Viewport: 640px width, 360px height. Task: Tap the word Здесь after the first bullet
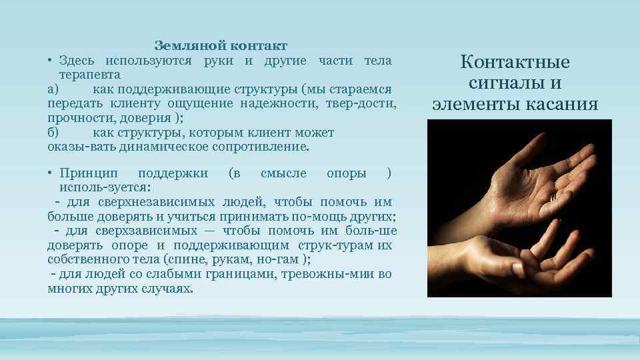pos(78,61)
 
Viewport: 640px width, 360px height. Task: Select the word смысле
pos(283,174)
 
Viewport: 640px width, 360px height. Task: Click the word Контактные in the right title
pos(515,63)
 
